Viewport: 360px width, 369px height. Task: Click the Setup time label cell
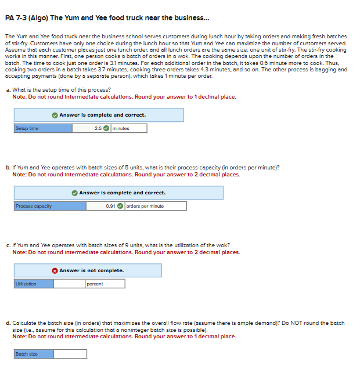(43, 128)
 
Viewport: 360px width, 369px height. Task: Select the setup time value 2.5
(98, 128)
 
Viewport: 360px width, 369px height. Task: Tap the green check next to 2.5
(106, 128)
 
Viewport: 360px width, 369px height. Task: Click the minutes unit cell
(129, 128)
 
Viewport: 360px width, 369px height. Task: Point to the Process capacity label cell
(50, 206)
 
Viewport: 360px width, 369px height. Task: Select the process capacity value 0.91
(111, 206)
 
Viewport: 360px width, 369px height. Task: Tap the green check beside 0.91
(120, 206)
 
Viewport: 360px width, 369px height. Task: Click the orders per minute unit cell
(156, 206)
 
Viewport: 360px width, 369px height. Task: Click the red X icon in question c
(55, 271)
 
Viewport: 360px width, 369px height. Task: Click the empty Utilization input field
(70, 284)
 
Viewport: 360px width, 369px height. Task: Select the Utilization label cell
(34, 284)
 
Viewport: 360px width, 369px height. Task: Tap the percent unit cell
(105, 284)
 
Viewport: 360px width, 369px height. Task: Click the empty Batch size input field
(70, 354)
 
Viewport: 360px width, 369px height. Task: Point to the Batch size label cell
(34, 354)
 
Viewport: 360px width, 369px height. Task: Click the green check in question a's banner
(55, 115)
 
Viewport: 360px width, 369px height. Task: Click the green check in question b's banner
(75, 193)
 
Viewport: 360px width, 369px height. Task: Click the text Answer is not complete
(92, 270)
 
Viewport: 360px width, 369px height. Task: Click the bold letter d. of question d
(9, 323)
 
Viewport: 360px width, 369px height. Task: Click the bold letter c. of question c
(9, 245)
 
